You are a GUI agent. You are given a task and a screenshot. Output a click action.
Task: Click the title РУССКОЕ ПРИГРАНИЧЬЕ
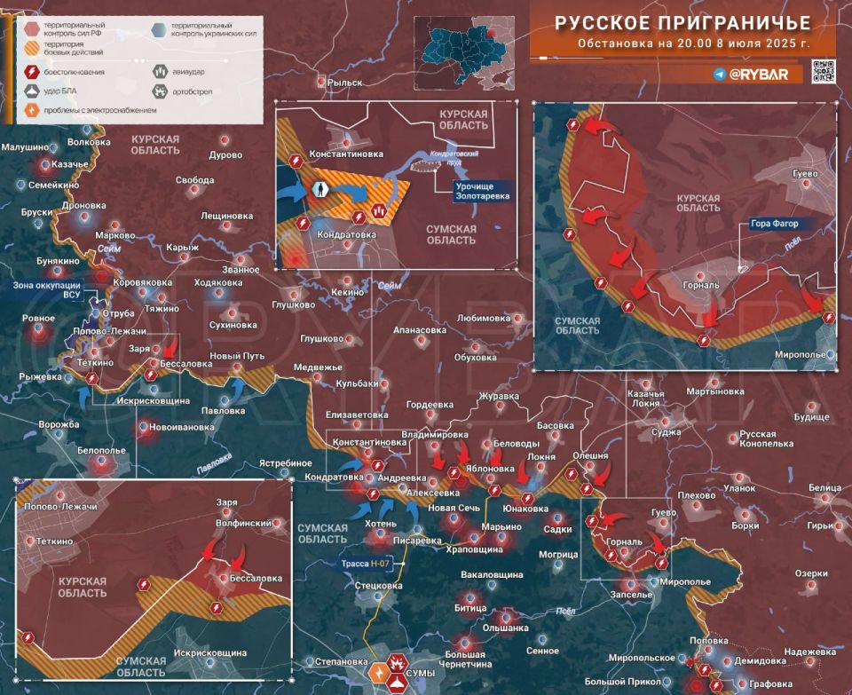[682, 23]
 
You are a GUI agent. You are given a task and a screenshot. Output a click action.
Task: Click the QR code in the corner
[824, 72]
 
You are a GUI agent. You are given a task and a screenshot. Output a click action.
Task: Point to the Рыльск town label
[345, 83]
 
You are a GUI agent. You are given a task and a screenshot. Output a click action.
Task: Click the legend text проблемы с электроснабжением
[103, 110]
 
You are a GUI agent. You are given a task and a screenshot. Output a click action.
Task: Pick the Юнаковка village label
[525, 509]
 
